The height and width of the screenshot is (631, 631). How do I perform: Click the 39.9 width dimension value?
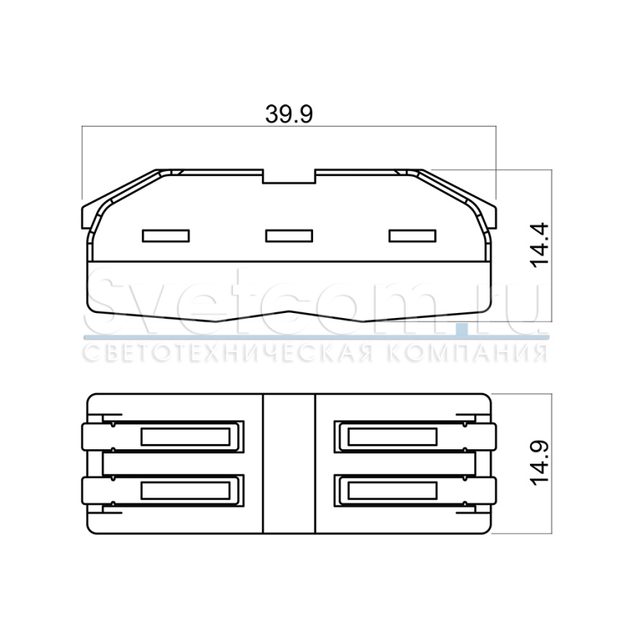point(288,114)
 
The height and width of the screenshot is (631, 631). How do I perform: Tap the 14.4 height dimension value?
point(539,244)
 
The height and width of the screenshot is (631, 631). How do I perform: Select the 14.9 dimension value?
point(539,463)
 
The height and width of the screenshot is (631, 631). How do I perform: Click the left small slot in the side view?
point(166,236)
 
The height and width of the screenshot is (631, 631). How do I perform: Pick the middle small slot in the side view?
point(289,236)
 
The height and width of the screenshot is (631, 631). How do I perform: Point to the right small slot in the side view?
point(412,236)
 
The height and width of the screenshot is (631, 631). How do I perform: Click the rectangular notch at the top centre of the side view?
point(289,177)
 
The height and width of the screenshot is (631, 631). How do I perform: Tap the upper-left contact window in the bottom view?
point(185,436)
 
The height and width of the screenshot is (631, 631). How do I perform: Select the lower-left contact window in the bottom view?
point(185,490)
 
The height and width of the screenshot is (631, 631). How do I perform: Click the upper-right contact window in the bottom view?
point(392,436)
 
